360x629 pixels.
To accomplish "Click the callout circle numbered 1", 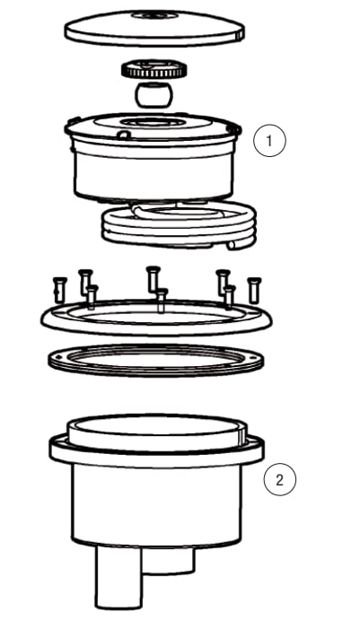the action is (x=269, y=141).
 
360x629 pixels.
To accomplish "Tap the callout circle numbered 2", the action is (x=280, y=480).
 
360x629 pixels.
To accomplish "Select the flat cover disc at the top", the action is (x=154, y=27).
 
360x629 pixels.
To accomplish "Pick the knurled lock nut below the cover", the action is (x=154, y=69).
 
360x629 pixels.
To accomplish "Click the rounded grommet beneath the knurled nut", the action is (x=154, y=95).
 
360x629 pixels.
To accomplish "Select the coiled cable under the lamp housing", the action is (x=179, y=224).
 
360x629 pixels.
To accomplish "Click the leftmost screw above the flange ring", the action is (x=58, y=290).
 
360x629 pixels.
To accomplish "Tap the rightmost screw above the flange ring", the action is (x=254, y=290).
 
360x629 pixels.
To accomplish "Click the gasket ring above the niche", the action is (x=155, y=370).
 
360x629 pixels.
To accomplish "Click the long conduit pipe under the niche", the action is (x=119, y=578).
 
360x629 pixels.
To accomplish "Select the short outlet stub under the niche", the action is (x=168, y=560).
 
